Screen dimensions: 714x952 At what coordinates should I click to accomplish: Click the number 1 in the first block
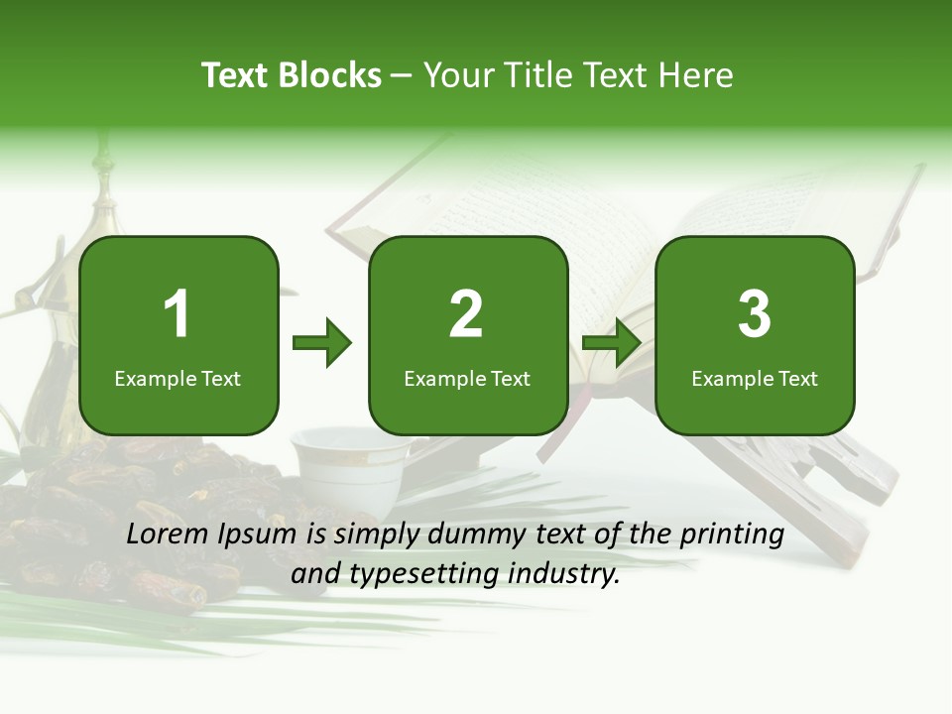click(x=178, y=314)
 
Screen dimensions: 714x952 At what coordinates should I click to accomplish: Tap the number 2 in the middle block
click(x=466, y=314)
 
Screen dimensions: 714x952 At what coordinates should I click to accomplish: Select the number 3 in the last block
click(x=755, y=314)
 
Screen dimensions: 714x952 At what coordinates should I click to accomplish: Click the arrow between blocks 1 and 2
click(x=322, y=343)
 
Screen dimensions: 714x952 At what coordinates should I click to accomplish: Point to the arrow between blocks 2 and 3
click(x=612, y=343)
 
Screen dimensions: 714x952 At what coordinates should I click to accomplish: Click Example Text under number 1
click(x=178, y=378)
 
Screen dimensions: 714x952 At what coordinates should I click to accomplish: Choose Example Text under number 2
click(x=467, y=378)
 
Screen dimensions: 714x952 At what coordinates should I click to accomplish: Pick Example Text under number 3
click(x=755, y=378)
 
